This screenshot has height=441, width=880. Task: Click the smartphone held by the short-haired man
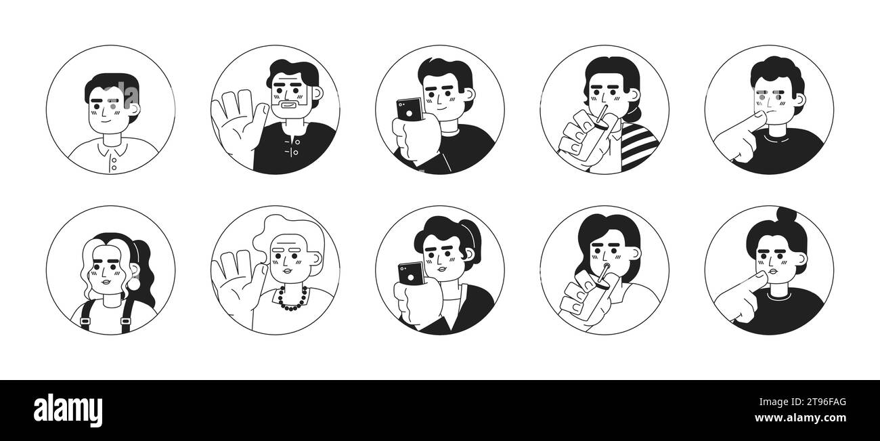click(410, 109)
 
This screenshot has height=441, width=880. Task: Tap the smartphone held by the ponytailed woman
click(412, 273)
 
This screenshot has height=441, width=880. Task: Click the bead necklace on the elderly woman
click(292, 299)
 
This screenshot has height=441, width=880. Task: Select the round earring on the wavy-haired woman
click(133, 284)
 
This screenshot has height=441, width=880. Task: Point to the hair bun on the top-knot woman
click(787, 214)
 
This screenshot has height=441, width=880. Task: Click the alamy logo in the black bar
click(68, 411)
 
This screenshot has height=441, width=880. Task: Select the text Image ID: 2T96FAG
click(803, 402)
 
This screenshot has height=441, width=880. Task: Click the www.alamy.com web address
click(801, 418)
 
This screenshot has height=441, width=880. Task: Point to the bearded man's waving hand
click(239, 121)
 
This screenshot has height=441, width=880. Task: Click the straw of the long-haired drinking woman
click(602, 274)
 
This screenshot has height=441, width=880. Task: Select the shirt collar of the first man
click(113, 148)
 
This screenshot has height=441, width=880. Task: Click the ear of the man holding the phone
click(470, 95)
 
